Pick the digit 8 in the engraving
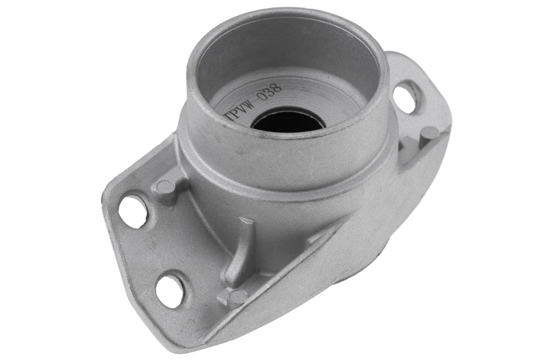(277, 88)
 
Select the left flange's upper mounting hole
(133, 211)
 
